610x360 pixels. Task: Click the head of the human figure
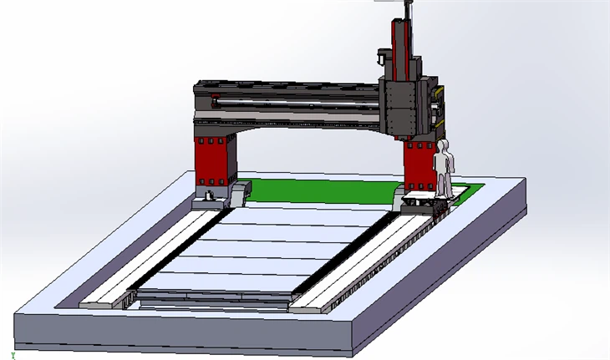tap(443, 146)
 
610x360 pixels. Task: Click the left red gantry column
tap(212, 160)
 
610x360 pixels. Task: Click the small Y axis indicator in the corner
tap(13, 353)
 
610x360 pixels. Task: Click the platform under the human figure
tap(422, 200)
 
